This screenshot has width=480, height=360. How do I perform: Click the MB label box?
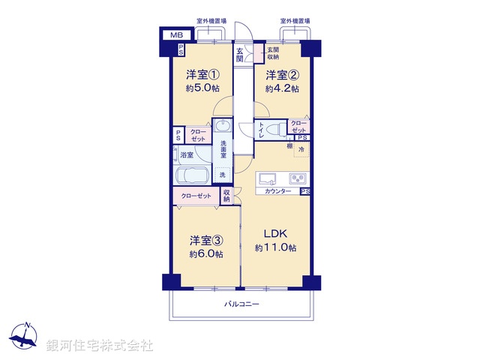coord(175,35)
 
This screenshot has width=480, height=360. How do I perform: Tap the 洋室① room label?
coord(203,74)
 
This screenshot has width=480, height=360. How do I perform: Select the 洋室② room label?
coord(282,74)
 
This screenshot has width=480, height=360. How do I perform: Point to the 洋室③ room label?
coord(205,240)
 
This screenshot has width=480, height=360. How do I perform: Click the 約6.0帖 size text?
coord(205,254)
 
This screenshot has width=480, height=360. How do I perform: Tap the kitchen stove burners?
coord(297,179)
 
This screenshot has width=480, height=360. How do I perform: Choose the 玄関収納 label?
coord(272,53)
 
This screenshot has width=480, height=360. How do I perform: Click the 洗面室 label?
coord(223,149)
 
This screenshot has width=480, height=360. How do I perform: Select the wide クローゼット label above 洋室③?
coord(196,196)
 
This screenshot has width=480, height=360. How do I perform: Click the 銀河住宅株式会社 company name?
coord(100,346)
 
